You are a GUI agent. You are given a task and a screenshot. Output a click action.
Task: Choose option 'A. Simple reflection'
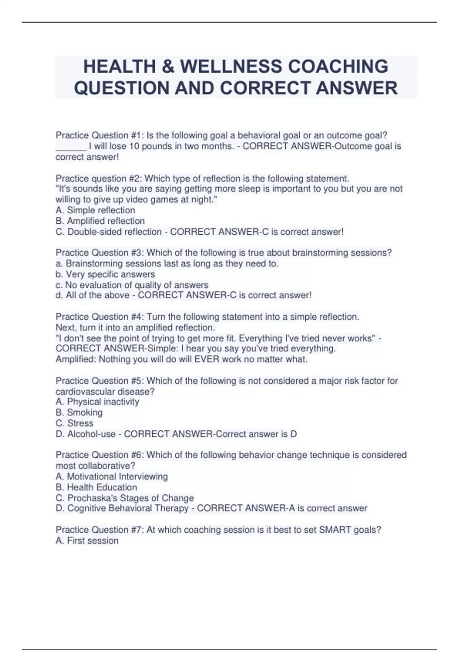pos(95,210)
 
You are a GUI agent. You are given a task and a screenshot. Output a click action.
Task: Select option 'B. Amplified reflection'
pos(100,221)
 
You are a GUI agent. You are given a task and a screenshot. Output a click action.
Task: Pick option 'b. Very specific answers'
pos(105,274)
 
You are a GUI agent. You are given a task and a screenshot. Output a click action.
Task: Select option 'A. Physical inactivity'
pos(97,401)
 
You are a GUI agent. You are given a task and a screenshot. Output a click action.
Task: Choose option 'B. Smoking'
pos(79,412)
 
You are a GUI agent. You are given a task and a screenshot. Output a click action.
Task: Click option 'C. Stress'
pos(75,423)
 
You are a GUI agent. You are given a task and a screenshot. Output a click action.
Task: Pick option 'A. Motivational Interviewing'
pos(112,476)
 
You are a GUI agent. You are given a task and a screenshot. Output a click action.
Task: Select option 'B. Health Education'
pos(96,487)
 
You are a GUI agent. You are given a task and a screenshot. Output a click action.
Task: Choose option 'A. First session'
pos(87,540)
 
